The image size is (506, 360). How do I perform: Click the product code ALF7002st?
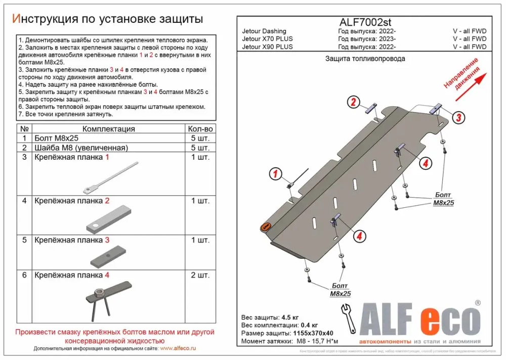[364, 23]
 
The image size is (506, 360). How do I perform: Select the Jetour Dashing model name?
[264, 31]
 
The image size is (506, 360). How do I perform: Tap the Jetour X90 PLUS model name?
[267, 47]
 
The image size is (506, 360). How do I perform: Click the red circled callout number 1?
[274, 175]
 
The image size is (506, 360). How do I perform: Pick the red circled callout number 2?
[353, 103]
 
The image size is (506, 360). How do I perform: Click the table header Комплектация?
[108, 129]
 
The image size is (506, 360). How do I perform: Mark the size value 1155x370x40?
[312, 333]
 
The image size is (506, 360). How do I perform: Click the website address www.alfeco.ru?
[178, 349]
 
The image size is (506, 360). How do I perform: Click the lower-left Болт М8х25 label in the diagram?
[340, 290]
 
